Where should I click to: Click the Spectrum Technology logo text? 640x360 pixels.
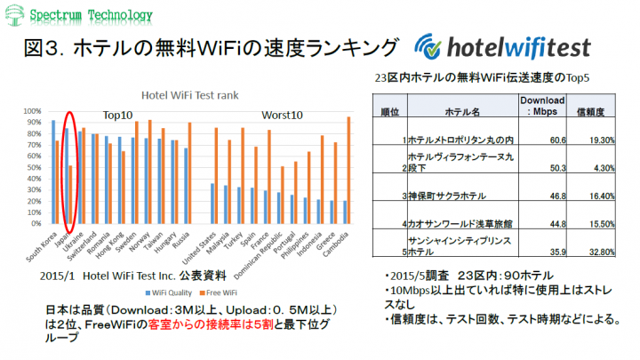(x=88, y=15)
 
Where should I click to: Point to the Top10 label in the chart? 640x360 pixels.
(x=117, y=115)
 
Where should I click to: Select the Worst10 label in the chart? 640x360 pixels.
(x=283, y=115)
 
